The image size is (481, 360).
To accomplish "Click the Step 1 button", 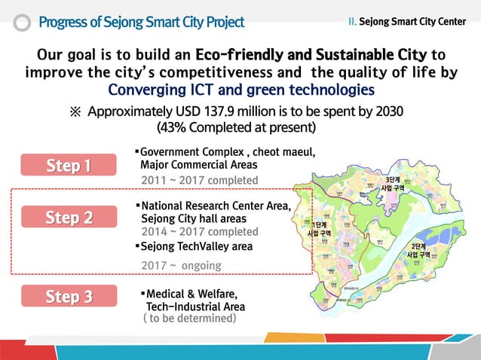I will coord(68,165).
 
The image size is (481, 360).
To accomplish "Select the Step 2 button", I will coord(68,218).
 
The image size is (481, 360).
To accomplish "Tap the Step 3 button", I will coord(68,297).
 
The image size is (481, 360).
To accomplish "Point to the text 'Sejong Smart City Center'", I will coord(412,21).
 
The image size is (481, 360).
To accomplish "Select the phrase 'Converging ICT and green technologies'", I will coord(241,90).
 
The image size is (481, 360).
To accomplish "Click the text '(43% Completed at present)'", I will coord(234,127).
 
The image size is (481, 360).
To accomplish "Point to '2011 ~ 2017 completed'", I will coord(200,180).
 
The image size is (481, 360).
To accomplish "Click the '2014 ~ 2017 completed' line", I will coord(200,232).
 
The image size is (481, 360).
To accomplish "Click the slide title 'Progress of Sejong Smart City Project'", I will coord(141,22).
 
